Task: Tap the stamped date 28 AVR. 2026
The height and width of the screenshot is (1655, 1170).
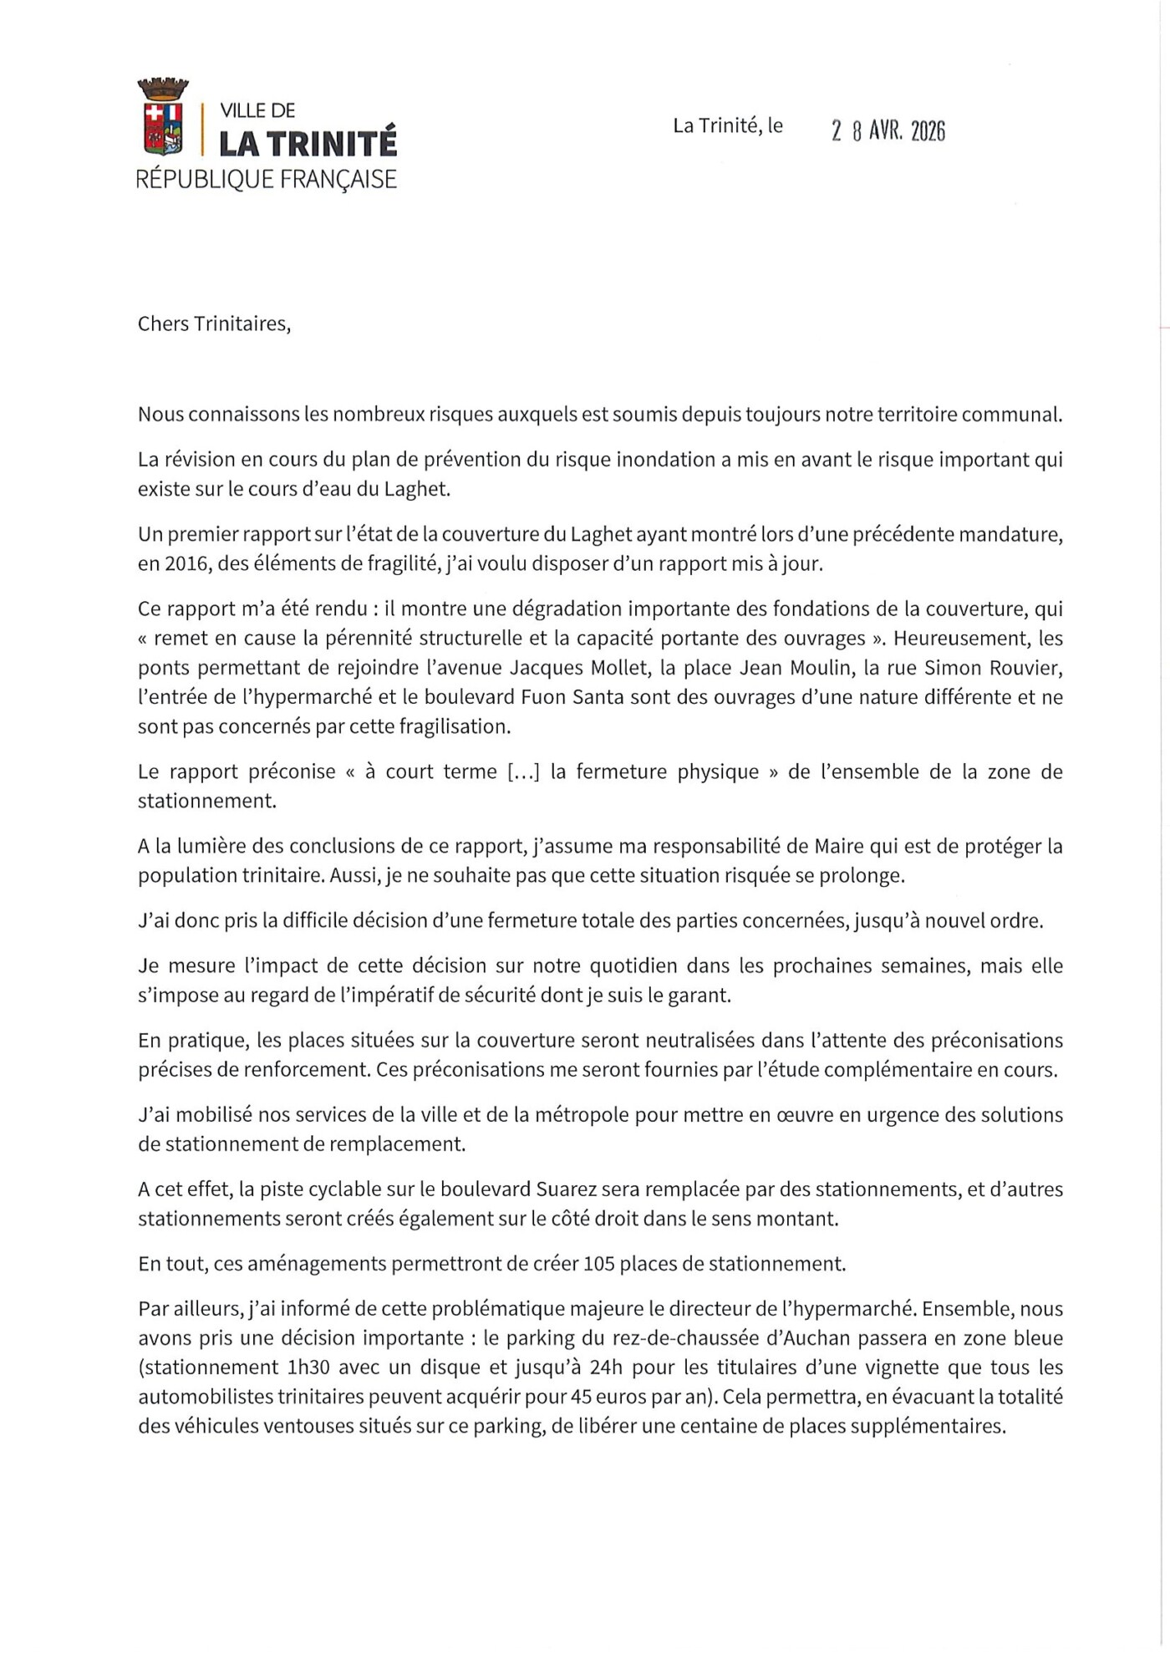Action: pos(888,131)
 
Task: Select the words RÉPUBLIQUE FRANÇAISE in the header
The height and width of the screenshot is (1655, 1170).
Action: pos(266,179)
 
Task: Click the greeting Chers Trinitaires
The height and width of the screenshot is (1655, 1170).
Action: pos(214,323)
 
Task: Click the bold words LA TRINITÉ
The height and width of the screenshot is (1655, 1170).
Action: pos(308,144)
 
